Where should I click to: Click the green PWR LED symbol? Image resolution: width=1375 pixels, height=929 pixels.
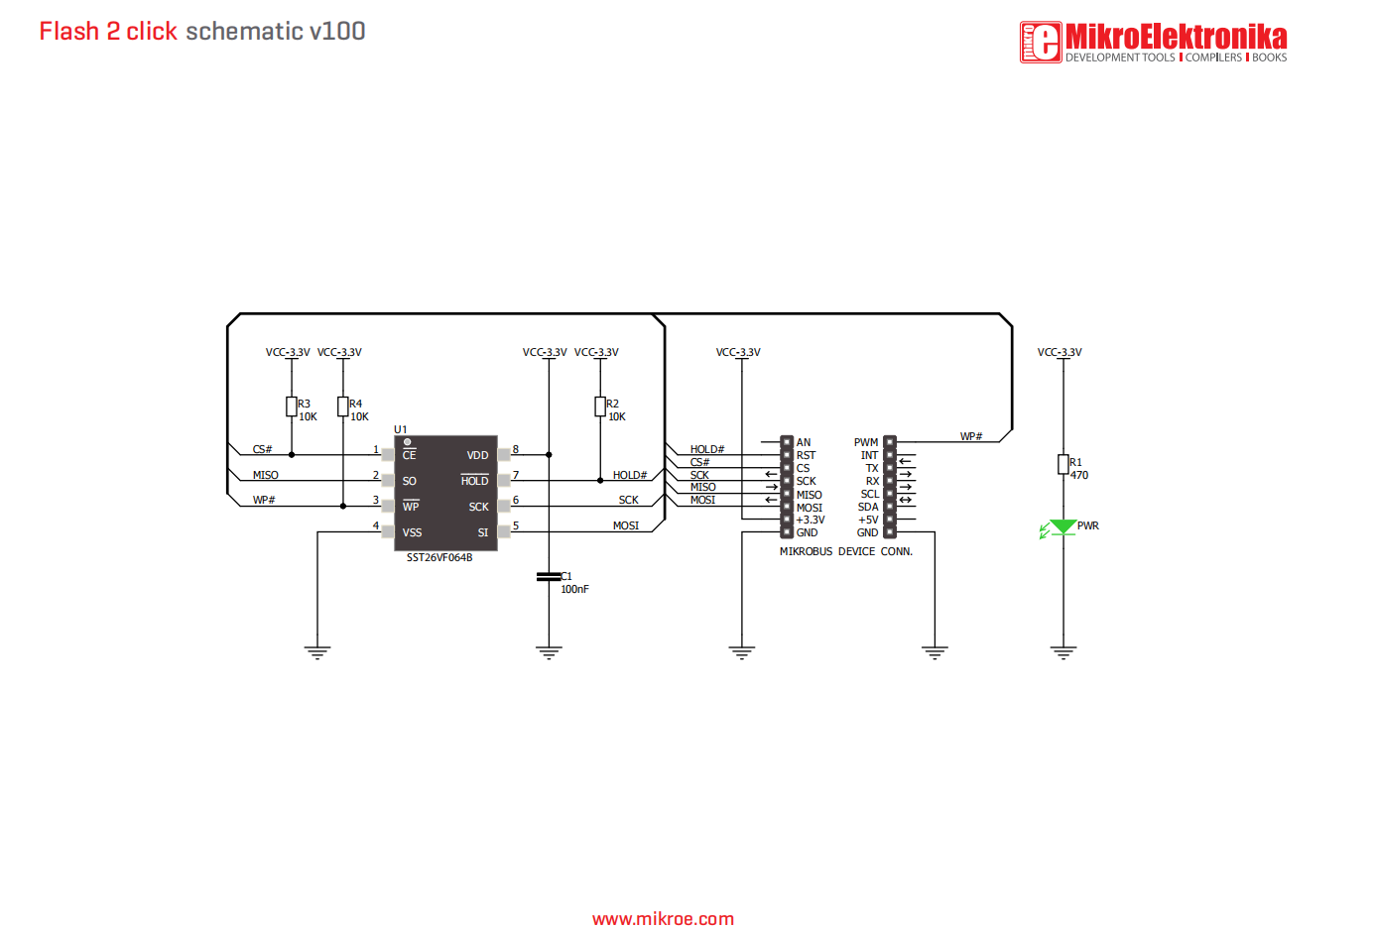coord(1062,527)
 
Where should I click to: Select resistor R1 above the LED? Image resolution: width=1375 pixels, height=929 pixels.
coord(1062,465)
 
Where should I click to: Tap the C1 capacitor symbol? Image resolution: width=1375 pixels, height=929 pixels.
coord(549,576)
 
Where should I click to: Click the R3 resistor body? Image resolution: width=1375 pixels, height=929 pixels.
coord(292,406)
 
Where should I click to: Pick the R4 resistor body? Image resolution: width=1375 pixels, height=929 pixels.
coord(343,406)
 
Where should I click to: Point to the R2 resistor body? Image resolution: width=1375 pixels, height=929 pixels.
coord(600,406)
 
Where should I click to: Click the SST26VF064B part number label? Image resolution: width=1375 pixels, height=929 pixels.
coord(439,558)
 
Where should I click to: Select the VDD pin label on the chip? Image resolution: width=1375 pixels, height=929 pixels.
coord(477,456)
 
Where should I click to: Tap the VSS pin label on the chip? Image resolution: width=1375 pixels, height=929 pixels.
coord(412,533)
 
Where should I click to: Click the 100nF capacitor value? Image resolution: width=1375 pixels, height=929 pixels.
coord(574,590)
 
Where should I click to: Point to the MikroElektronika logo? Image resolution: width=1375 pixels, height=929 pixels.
coord(1154,43)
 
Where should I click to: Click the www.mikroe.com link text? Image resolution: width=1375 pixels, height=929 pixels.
coord(663,919)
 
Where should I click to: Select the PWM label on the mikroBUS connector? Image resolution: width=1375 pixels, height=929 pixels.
coord(866,443)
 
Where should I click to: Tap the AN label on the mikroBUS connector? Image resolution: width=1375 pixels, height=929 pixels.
coord(804,443)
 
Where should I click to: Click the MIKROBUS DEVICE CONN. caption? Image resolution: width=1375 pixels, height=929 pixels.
coord(845,552)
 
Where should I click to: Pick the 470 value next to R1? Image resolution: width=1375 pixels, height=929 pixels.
coord(1079,476)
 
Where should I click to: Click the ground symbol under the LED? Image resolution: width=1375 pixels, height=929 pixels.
coord(1063,652)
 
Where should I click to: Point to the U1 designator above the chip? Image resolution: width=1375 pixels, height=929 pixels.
coord(401,430)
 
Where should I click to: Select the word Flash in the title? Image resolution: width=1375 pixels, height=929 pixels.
coord(69,32)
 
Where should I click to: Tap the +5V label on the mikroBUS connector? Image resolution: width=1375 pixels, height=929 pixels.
coord(868,521)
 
